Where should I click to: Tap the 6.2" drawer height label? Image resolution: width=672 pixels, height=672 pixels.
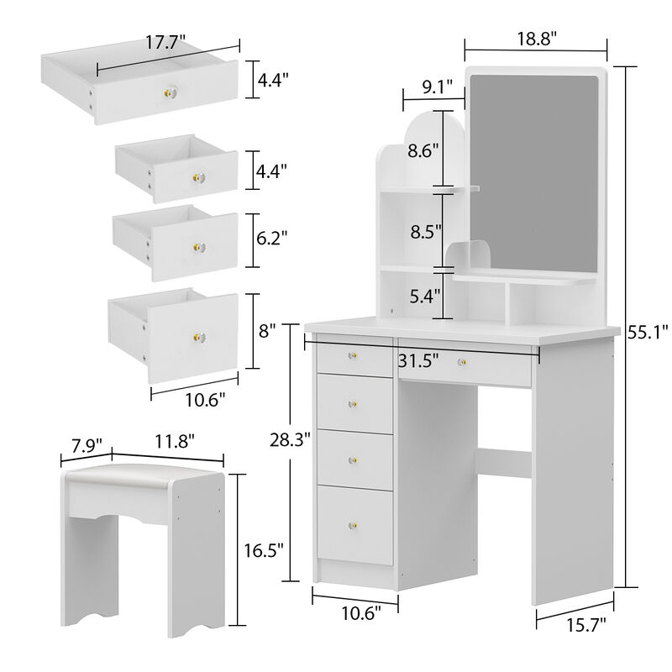(x=272, y=239)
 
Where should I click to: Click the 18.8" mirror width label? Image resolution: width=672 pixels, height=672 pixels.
(x=536, y=37)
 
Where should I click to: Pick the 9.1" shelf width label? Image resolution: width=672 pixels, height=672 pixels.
(x=438, y=86)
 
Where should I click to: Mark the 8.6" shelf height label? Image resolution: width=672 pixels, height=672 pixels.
(x=423, y=152)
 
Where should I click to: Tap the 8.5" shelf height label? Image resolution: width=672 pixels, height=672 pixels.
(x=423, y=232)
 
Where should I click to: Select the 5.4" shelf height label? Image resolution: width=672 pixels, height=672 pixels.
(x=423, y=297)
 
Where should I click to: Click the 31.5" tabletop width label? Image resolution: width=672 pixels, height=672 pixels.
(x=417, y=362)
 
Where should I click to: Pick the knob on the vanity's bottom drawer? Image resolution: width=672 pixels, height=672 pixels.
(x=352, y=527)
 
